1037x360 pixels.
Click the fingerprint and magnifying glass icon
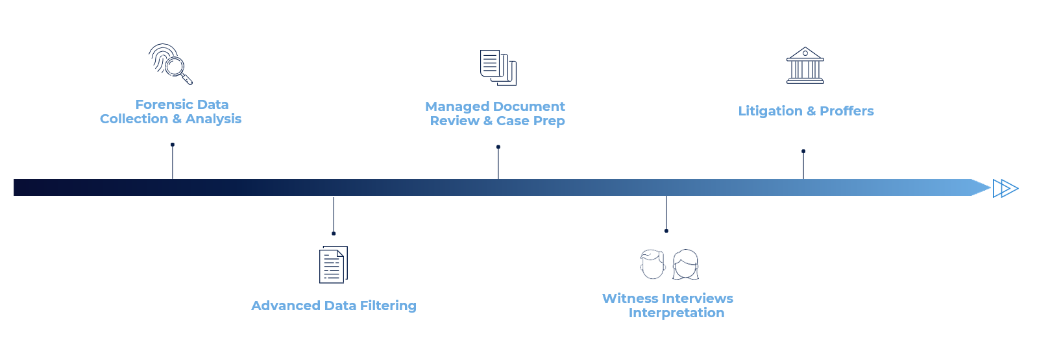tap(170, 64)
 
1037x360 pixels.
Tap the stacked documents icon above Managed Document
tap(498, 67)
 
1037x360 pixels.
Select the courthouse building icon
tap(805, 65)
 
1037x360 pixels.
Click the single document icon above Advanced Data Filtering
tap(333, 265)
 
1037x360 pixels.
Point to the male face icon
tap(652, 264)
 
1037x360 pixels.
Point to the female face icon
tap(685, 264)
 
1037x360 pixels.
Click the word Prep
tap(548, 121)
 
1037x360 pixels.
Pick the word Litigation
tap(770, 111)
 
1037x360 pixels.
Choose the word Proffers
tap(846, 111)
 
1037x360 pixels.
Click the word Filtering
tap(388, 306)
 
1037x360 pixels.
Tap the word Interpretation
tap(676, 313)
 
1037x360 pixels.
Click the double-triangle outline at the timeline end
tap(1005, 188)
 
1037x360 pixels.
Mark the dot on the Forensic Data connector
tap(173, 145)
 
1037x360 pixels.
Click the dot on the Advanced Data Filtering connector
tap(334, 234)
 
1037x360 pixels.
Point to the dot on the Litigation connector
tap(803, 151)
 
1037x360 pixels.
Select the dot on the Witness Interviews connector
tap(666, 231)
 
